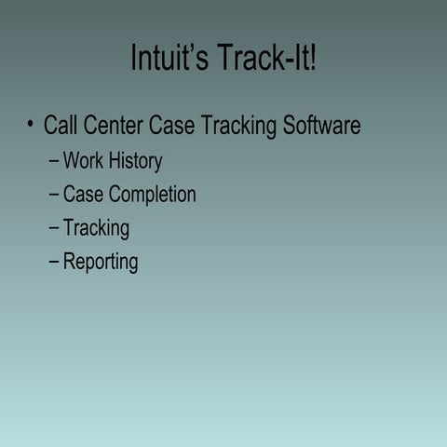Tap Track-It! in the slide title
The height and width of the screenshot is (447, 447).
tap(268, 59)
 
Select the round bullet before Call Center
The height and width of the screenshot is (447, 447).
tap(31, 125)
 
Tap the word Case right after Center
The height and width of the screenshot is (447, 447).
tap(173, 126)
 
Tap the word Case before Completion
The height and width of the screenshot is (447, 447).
tap(83, 195)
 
